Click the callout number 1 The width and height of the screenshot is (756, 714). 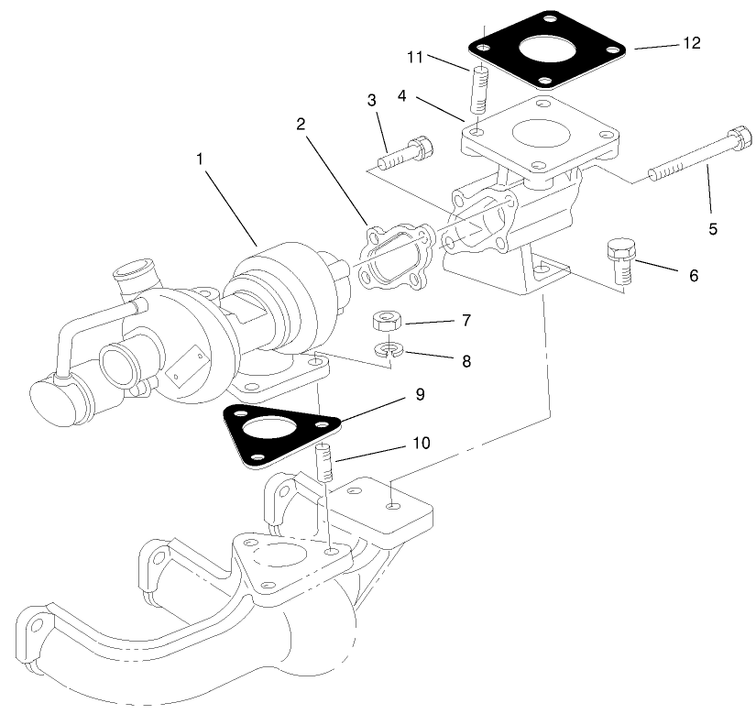(x=199, y=159)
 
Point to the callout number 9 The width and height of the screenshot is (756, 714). (x=420, y=395)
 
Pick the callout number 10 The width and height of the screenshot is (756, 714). (x=419, y=444)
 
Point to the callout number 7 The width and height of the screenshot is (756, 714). (x=466, y=321)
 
